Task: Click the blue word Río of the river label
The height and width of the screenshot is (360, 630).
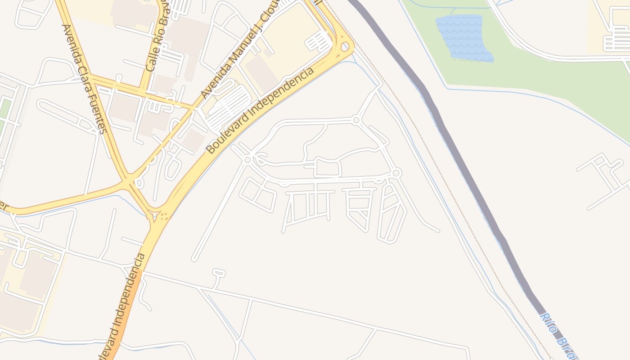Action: (x=548, y=323)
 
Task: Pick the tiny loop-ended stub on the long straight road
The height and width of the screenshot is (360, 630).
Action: (x=219, y=273)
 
